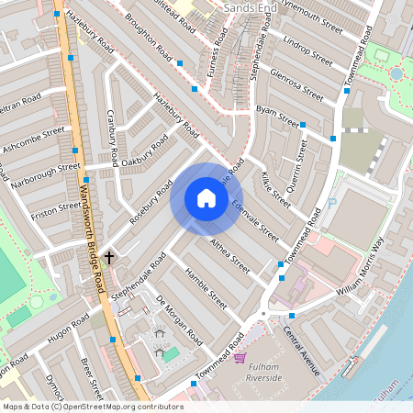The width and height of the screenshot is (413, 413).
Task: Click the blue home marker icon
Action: [206, 198]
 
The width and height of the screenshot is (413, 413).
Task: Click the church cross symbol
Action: [109, 258]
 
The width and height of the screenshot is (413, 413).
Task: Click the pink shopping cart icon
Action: [240, 357]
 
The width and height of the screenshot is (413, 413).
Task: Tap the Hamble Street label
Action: [206, 286]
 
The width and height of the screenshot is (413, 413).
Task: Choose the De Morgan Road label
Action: [178, 319]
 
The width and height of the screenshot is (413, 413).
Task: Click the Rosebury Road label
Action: [151, 203]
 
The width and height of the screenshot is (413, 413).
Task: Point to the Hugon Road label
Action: [71, 328]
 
